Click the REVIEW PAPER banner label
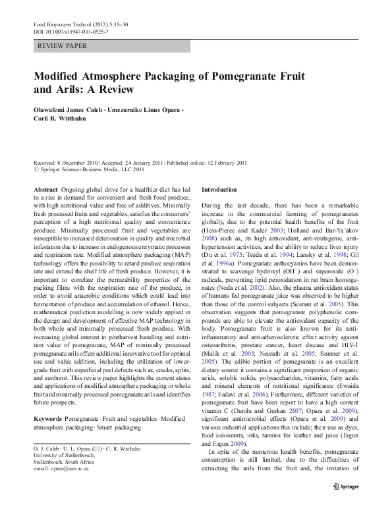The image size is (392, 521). (63, 46)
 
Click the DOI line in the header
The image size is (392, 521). (70, 32)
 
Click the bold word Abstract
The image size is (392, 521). (45, 190)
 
